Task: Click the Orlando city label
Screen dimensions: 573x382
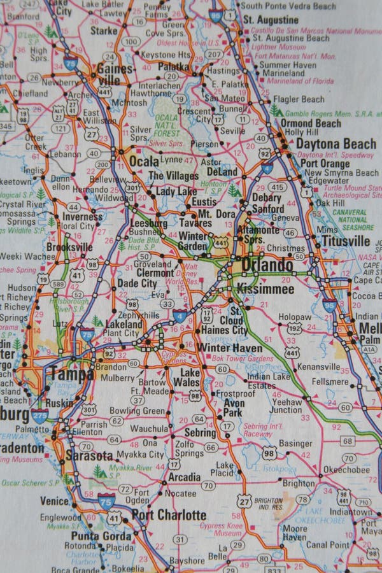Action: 267,265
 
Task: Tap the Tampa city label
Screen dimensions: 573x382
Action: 71,374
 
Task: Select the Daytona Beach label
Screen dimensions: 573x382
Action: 336,143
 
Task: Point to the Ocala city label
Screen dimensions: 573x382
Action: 143,160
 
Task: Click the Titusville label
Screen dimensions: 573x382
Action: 346,241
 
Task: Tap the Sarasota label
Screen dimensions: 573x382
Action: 88,456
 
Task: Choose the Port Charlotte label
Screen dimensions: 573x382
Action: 169,515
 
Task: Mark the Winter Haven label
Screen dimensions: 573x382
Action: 229,348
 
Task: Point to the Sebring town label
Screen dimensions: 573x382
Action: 200,432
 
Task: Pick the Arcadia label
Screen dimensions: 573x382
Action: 184,477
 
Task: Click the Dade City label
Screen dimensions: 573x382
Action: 137,283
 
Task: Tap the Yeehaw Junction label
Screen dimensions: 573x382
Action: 286,406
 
